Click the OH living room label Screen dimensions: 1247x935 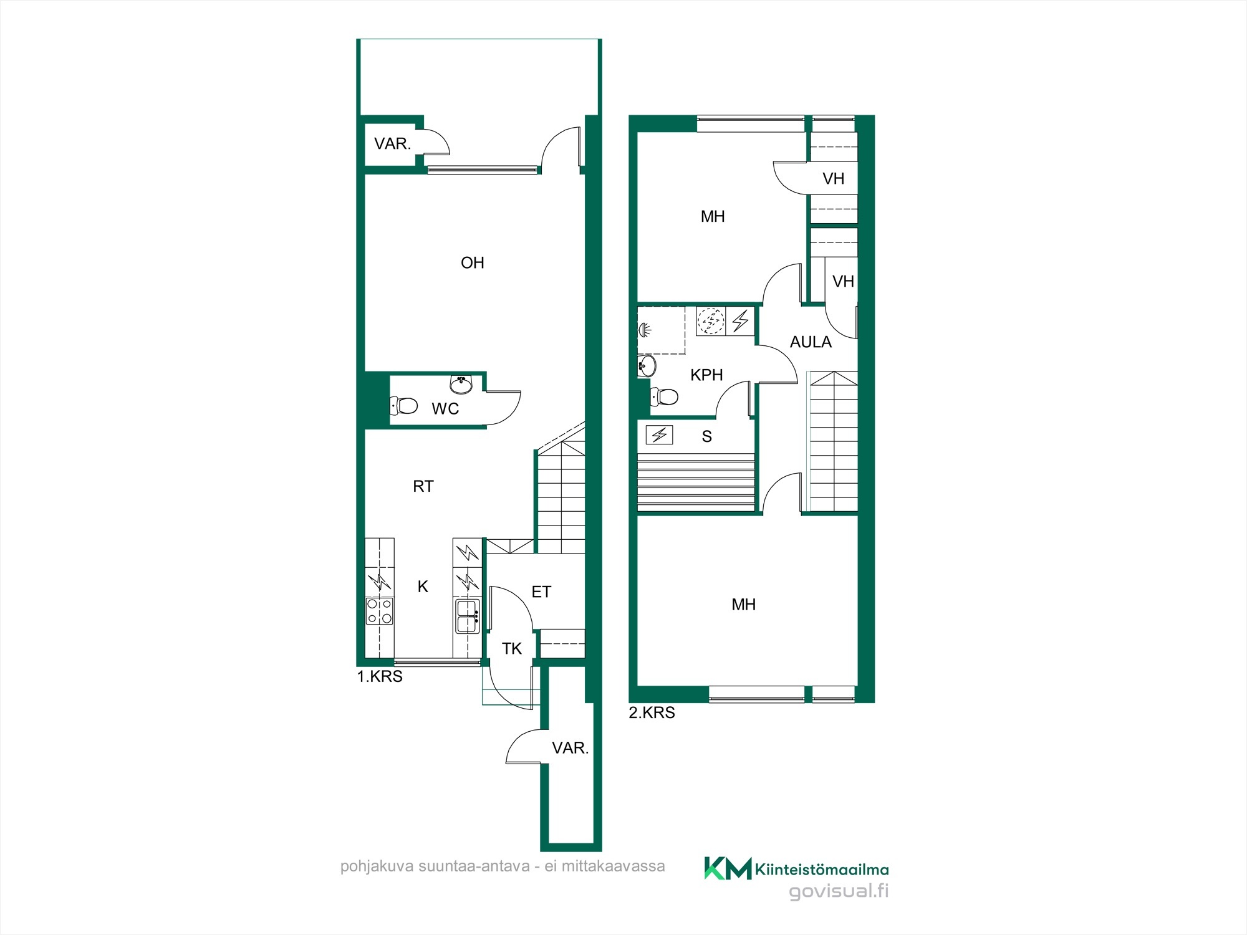coord(472,263)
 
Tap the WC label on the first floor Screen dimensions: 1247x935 coord(445,409)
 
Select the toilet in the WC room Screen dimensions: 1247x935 coord(403,406)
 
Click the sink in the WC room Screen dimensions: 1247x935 coord(461,385)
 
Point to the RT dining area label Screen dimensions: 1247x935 coord(423,486)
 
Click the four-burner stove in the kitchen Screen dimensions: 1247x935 coord(379,611)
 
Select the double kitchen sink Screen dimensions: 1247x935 coord(468,616)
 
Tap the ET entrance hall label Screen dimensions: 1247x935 coord(541,592)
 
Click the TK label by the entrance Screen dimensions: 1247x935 coord(512,649)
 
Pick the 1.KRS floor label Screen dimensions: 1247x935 coord(380,676)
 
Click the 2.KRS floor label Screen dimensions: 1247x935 coord(652,712)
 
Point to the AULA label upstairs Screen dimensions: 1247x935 coord(811,342)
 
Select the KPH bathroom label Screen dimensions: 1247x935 coord(706,375)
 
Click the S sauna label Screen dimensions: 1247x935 coord(706,436)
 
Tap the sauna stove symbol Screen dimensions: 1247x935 coord(659,434)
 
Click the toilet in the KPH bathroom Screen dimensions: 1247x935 coord(664,396)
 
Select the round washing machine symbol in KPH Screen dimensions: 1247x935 coord(711,321)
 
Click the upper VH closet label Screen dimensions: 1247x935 coord(833,179)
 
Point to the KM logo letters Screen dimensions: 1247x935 coord(728,868)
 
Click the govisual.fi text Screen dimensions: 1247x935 coord(839,891)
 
